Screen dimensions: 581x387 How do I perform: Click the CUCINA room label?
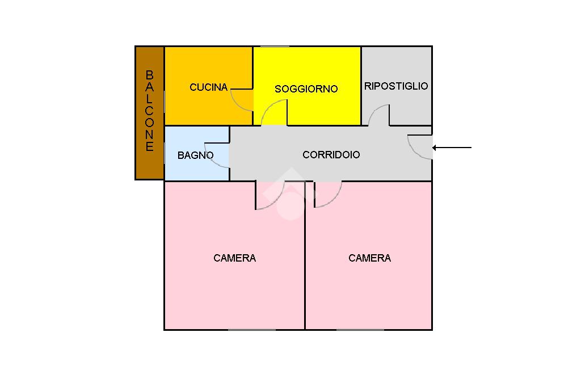208,87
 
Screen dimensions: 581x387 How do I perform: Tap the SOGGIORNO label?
306,89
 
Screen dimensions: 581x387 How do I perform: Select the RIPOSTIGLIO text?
396,86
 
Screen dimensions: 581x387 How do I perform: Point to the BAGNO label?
195,155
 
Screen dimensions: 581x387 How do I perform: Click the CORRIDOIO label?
331,154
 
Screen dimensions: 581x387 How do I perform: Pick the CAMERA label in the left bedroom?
234,258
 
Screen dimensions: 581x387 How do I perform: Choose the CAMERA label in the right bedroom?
369,258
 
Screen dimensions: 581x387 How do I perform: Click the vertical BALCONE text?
149,111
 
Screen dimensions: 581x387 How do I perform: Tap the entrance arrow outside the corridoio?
452,148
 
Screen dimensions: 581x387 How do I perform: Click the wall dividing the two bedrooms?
305,255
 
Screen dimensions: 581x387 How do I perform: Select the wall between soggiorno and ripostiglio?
361,86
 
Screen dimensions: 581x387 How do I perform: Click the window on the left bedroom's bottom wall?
252,330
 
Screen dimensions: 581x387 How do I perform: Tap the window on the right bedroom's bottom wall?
360,330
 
